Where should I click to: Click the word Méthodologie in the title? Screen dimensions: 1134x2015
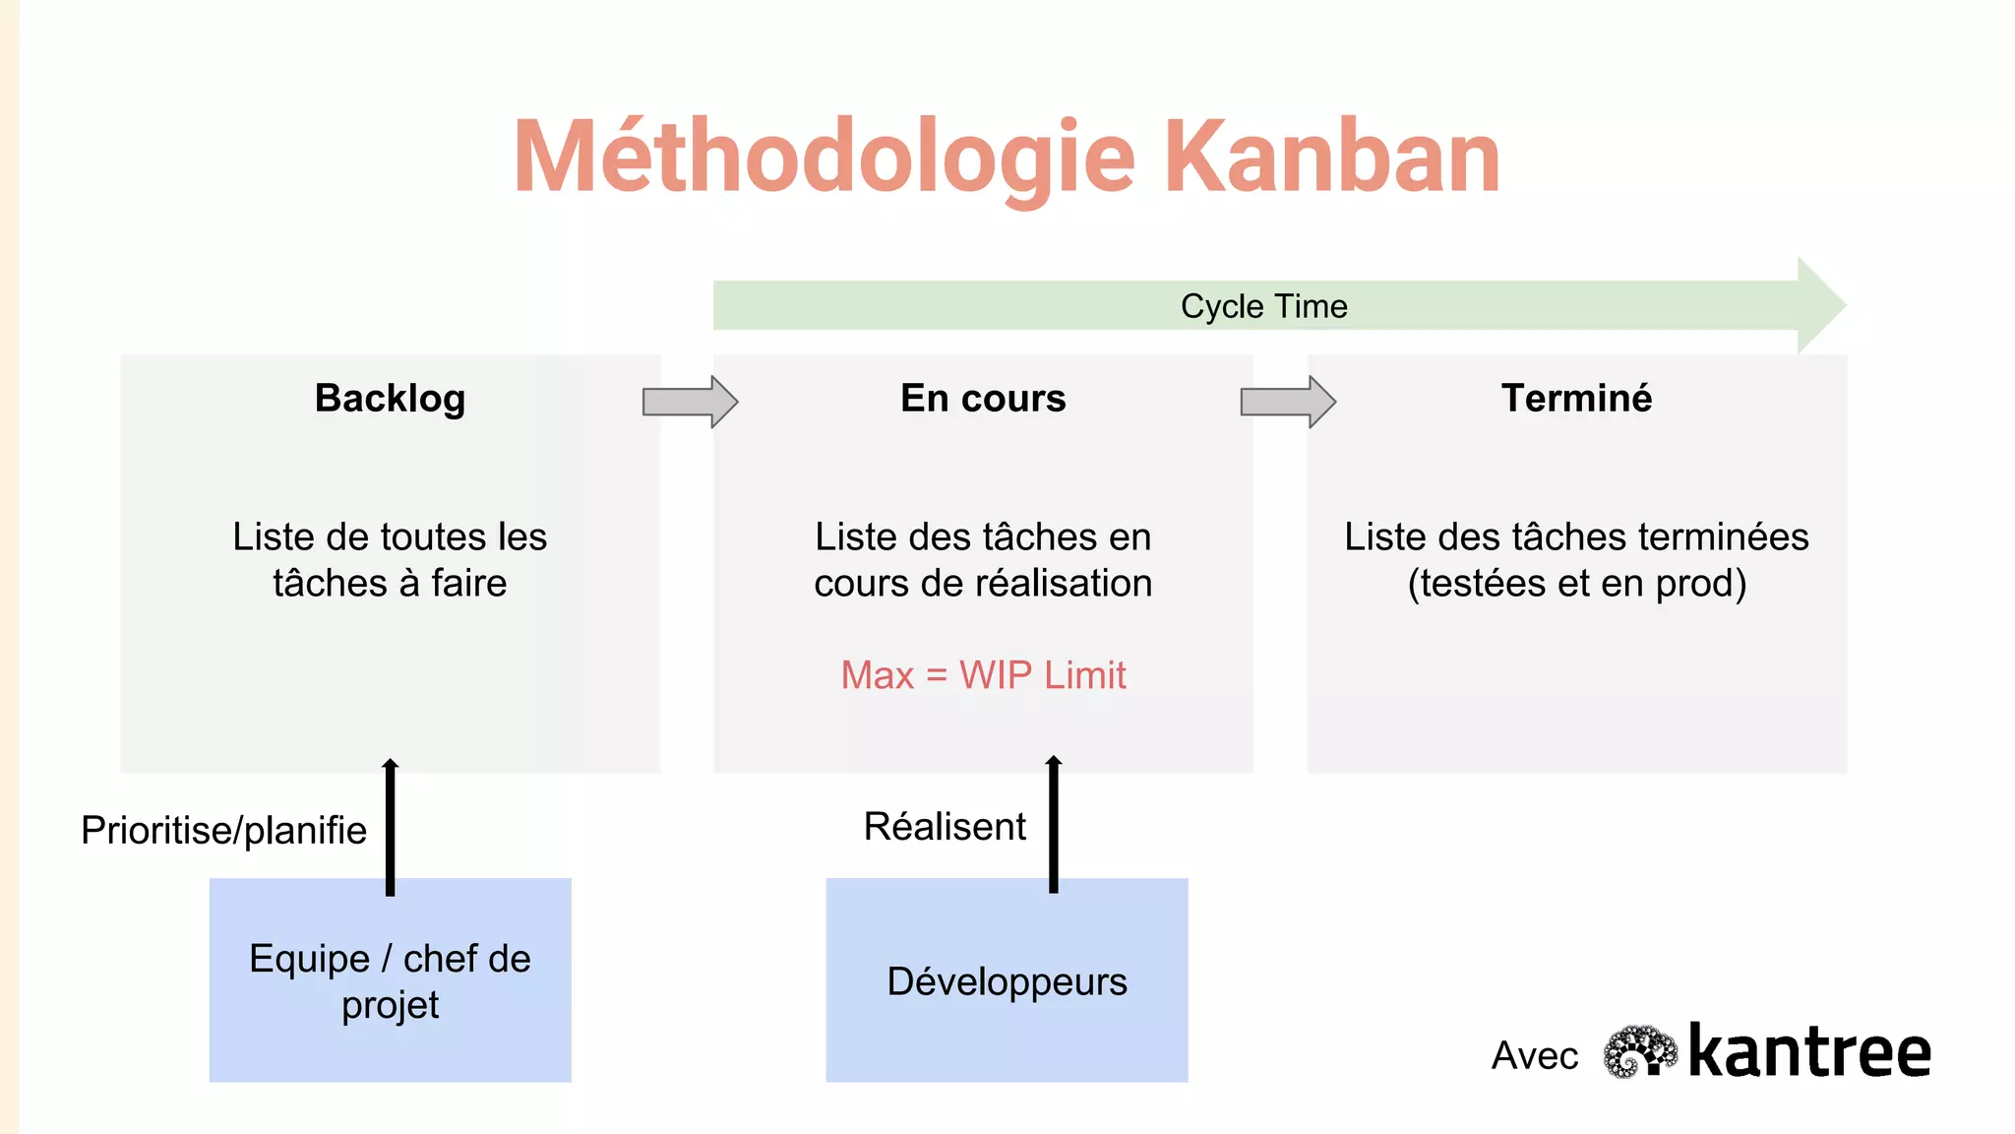(x=824, y=157)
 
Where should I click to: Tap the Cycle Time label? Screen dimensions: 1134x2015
(x=1263, y=306)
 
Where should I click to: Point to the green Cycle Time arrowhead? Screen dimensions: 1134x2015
(x=1819, y=305)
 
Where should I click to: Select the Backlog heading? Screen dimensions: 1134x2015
(x=390, y=399)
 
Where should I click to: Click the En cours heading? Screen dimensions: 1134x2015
(x=983, y=399)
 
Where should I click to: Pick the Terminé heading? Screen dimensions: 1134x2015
(x=1576, y=399)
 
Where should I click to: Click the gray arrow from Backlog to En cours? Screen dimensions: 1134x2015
(x=690, y=402)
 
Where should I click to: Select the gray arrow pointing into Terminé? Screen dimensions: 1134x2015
(x=1287, y=402)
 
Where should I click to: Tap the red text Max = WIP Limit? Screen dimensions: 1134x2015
(x=983, y=675)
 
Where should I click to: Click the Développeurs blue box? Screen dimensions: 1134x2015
(x=1007, y=980)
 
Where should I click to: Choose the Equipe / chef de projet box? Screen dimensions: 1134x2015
(x=390, y=980)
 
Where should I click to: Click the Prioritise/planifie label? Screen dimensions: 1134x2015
(x=223, y=830)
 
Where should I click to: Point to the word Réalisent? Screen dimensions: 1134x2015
(x=945, y=826)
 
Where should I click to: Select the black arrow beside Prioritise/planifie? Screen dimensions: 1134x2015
(x=391, y=827)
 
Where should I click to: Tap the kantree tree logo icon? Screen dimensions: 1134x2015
(x=1639, y=1052)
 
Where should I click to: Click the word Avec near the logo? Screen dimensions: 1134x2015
(x=1534, y=1056)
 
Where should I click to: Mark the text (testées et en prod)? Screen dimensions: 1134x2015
(x=1576, y=584)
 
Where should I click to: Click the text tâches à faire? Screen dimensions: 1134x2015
(x=390, y=584)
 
